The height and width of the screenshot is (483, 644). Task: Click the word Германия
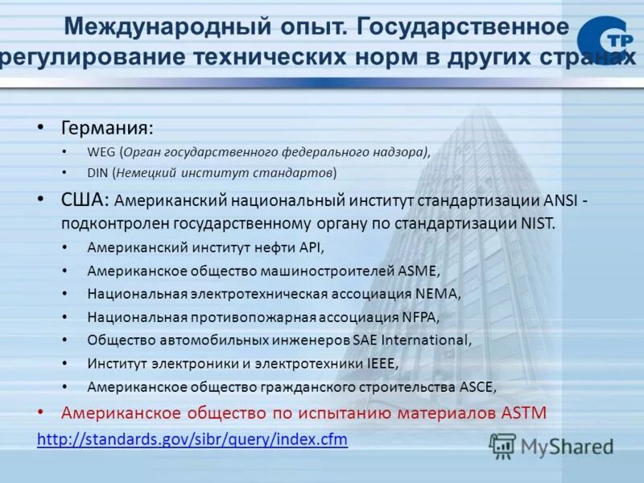106,128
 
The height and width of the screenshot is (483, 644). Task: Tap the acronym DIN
97,173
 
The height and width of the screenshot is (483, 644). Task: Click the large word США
85,199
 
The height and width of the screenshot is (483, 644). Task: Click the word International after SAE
424,341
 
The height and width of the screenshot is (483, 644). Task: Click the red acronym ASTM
524,414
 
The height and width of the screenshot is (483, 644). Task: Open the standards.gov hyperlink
192,440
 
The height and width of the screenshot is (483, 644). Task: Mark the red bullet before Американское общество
42,412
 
